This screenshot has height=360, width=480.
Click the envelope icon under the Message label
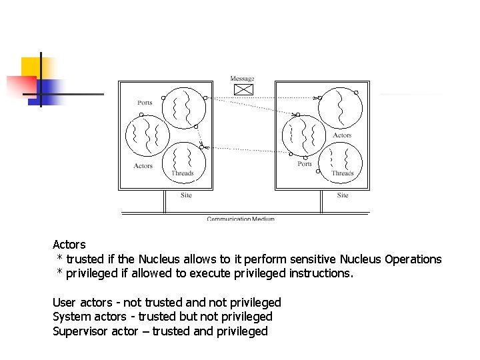coord(245,89)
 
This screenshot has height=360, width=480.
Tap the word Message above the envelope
coord(242,79)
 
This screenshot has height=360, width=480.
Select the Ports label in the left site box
coord(145,103)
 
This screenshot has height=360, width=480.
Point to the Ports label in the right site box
coord(305,164)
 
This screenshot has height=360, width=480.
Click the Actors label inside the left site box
coord(143,166)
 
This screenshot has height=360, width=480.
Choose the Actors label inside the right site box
coord(342,135)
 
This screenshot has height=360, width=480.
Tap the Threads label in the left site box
coord(182,173)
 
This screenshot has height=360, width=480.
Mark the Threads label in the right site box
coord(343,173)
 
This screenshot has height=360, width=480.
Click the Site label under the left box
coord(186,195)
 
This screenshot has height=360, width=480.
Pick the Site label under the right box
coord(342,195)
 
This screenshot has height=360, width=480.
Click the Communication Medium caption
coord(241,219)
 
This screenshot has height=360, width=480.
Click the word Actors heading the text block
coord(69,245)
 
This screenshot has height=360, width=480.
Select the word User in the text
coord(64,303)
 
